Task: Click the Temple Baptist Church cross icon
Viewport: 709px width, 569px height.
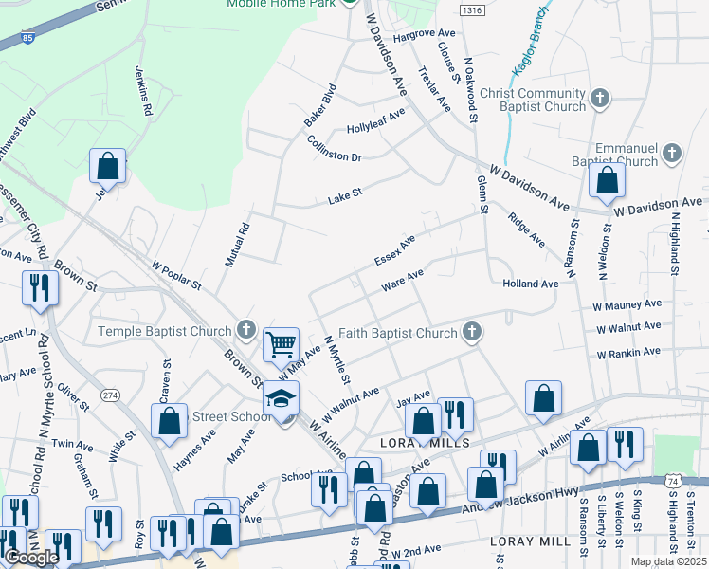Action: [x=246, y=330]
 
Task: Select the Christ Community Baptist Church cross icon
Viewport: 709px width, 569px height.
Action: [x=599, y=98]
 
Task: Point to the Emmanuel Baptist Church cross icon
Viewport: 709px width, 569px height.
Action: [x=672, y=153]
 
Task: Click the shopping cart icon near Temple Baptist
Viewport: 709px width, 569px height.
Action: [x=281, y=344]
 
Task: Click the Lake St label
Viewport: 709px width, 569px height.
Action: [x=345, y=196]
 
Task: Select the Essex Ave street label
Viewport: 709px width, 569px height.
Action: [x=394, y=251]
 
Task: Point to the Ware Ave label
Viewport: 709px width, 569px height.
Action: [x=401, y=281]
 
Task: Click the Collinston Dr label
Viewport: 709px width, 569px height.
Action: [x=336, y=149]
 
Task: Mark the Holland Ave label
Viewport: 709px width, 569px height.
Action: [x=531, y=284]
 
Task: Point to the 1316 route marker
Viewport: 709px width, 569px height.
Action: [x=470, y=9]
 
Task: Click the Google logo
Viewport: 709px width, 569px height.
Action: [x=31, y=558]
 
